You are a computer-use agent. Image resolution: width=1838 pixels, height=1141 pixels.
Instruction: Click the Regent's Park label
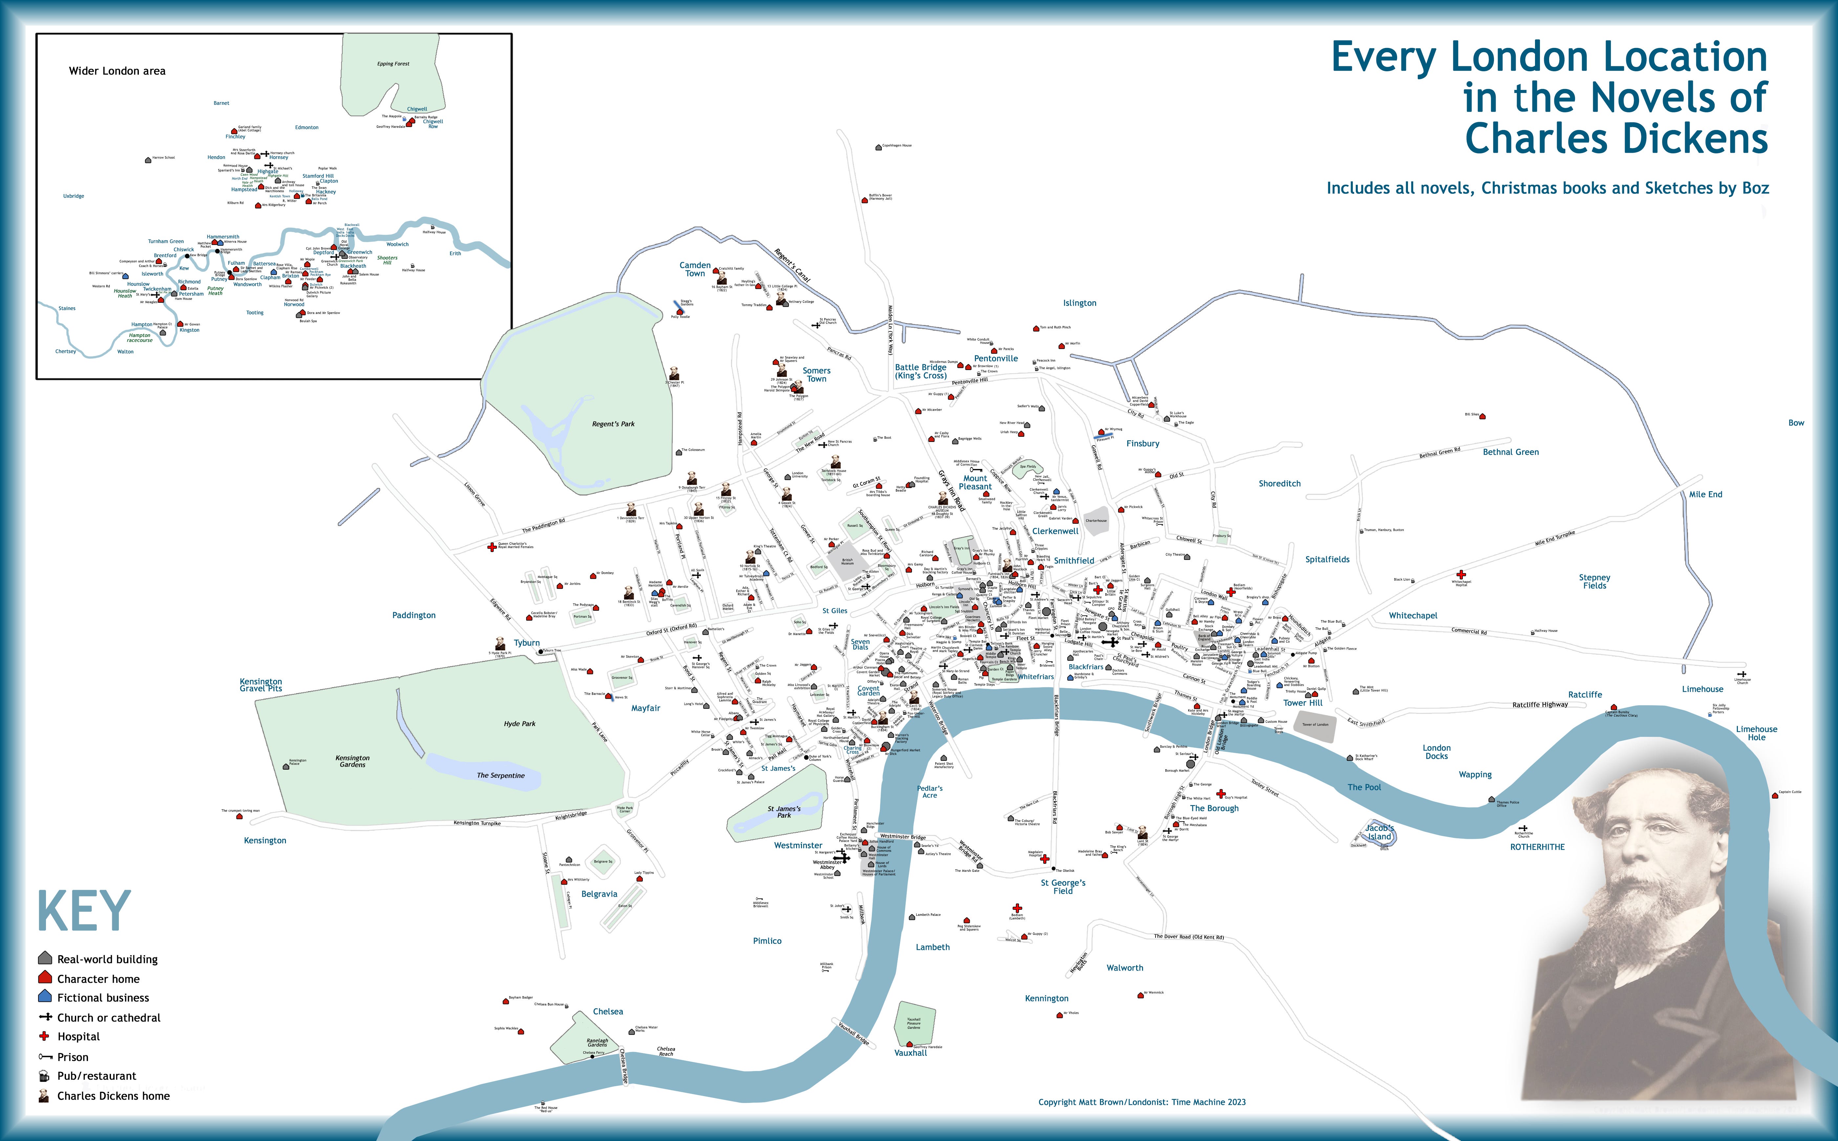pos(613,424)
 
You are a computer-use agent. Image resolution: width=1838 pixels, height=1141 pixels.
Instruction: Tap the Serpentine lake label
pos(500,776)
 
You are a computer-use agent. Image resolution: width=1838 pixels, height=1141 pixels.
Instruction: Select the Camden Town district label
pos(695,269)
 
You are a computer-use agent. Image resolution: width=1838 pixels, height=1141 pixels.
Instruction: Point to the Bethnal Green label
pos(1510,452)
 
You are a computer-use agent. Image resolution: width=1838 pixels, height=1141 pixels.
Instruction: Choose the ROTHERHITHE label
pos(1537,847)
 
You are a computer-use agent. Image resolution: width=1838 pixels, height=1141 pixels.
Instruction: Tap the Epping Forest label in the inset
pos(393,64)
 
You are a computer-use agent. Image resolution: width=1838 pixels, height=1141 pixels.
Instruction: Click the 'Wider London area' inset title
pos(117,71)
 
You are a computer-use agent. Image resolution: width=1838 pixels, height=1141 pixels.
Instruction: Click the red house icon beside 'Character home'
pos(45,978)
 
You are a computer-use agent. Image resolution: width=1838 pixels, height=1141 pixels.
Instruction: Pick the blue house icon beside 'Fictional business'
pos(45,997)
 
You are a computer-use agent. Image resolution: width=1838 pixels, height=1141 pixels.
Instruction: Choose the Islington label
pos(1079,303)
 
